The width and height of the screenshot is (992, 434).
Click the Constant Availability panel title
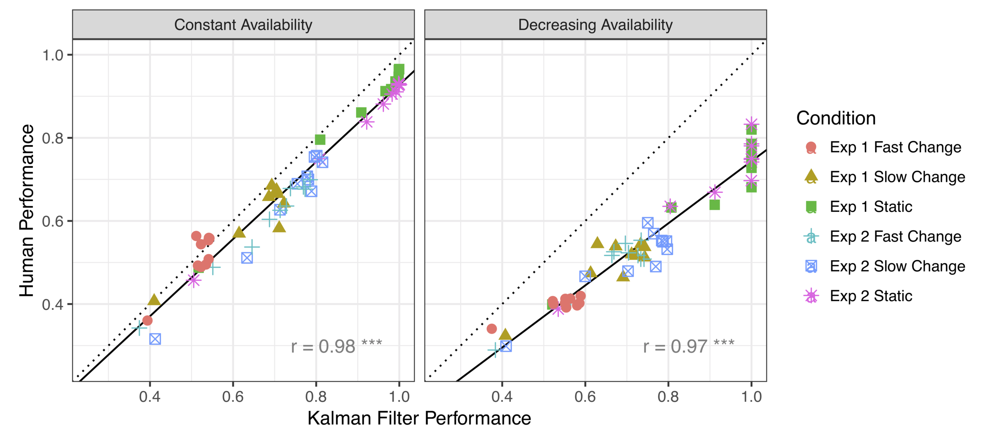tap(243, 25)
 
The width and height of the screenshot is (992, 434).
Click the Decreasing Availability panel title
tap(595, 25)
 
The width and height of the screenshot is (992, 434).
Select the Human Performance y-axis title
tap(27, 210)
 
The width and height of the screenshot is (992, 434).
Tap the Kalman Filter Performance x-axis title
tap(419, 418)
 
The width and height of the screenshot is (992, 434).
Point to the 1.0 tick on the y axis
tap(53, 55)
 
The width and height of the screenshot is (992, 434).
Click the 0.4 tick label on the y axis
tap(53, 304)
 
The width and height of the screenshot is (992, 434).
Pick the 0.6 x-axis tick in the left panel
tap(233, 396)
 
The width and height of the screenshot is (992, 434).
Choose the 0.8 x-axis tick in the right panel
tap(668, 396)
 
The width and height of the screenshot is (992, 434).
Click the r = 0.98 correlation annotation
tap(336, 346)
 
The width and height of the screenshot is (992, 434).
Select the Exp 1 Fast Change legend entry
tap(895, 147)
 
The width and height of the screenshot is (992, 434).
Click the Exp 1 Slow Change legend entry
tap(897, 177)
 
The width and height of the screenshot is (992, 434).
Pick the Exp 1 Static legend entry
tap(871, 207)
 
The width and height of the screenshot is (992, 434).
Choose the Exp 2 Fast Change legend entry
tap(895, 236)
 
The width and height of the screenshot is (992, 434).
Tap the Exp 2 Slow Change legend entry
tap(897, 266)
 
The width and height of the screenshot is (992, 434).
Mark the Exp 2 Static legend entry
tap(871, 296)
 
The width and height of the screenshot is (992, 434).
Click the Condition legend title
tap(836, 118)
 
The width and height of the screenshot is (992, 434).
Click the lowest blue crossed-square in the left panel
tap(155, 339)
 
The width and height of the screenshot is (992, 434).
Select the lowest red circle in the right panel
tap(492, 328)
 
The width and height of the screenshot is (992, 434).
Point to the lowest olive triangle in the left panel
tap(154, 300)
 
